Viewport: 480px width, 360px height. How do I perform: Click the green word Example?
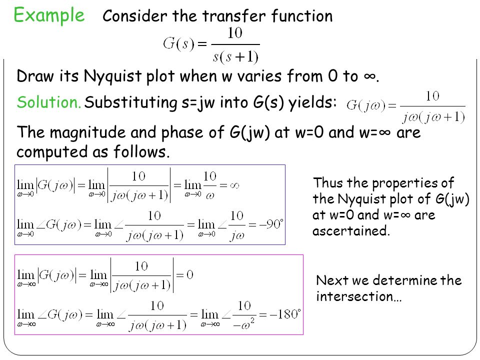coord(49,15)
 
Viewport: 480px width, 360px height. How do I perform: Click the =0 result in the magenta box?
coord(185,274)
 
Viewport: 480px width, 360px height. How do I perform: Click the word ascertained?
coord(350,231)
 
